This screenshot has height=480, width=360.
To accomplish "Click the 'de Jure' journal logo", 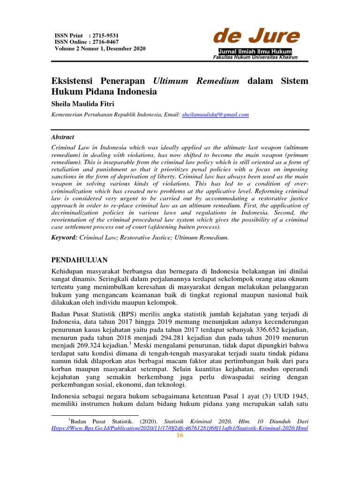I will [256, 37].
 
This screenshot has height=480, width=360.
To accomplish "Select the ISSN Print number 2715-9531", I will [105, 35].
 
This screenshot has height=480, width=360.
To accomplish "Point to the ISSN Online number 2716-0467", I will [105, 42].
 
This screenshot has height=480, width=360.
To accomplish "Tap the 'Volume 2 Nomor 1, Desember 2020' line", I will [100, 48].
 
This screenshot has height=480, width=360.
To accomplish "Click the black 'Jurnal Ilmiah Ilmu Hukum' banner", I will [255, 51].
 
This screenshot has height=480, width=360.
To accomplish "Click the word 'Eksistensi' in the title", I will [74, 81].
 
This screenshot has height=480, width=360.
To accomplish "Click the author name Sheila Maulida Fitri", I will [83, 103].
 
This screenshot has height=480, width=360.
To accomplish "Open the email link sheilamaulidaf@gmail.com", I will [215, 114].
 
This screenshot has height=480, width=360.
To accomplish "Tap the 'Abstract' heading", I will [62, 137].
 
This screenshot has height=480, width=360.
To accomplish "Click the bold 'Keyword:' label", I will [64, 238].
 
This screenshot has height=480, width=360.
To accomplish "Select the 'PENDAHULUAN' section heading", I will [79, 260].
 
